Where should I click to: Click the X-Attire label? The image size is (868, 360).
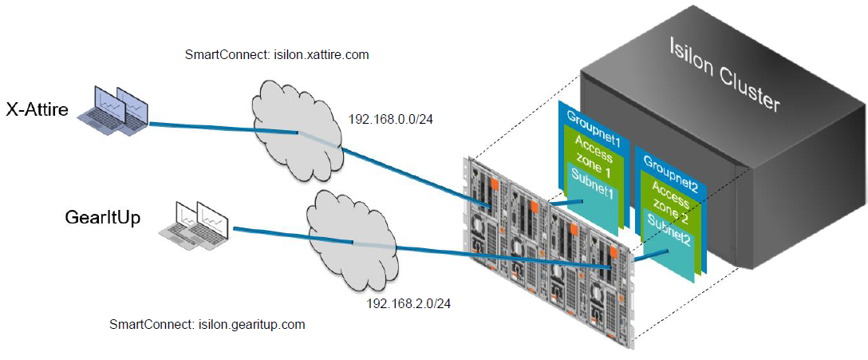pos(37,109)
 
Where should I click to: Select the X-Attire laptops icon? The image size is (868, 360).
pos(115,110)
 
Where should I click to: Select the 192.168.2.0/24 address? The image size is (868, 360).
pos(402,304)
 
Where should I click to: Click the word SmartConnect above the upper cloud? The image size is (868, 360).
pos(219,55)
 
